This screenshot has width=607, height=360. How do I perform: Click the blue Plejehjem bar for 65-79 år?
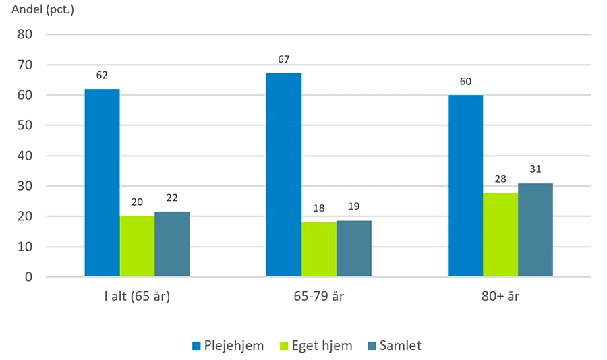[283, 175]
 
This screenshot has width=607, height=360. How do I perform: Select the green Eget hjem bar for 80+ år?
[500, 235]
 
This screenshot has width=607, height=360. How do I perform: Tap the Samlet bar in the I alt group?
[172, 244]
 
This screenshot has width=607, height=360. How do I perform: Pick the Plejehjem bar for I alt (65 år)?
[102, 182]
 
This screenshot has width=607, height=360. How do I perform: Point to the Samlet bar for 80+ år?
[536, 230]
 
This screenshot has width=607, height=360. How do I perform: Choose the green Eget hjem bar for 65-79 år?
[318, 249]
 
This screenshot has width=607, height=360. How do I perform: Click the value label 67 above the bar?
[284, 59]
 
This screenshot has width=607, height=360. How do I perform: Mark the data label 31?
[536, 169]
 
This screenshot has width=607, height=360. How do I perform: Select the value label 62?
[102, 75]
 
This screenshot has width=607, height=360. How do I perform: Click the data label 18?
[318, 208]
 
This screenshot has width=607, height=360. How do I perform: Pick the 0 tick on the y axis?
[38, 277]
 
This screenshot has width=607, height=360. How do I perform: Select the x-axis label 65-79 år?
[318, 297]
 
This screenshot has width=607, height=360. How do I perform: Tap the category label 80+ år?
[500, 297]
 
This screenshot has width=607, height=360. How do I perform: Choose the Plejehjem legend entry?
[229, 346]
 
